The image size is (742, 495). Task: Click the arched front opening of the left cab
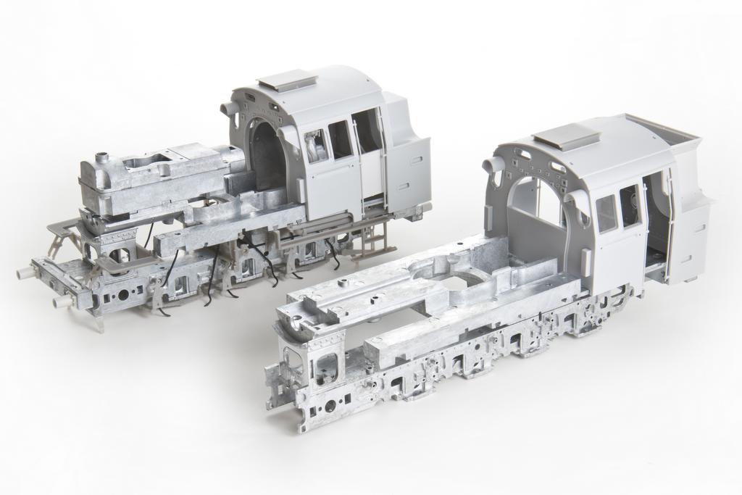point(267,154)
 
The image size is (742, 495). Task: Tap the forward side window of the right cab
point(606,213)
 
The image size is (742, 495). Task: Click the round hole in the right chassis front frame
point(330,406)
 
